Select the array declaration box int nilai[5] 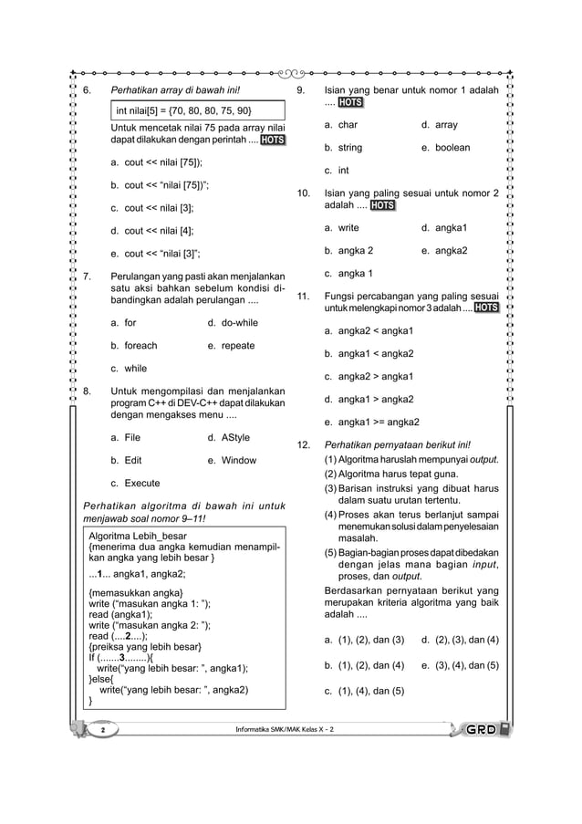[182, 112]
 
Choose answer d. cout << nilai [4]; [152, 231]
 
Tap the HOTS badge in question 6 [272, 141]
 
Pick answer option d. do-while [233, 323]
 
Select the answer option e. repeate [231, 346]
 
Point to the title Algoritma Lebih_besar [137, 536]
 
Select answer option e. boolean [445, 148]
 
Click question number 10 [305, 193]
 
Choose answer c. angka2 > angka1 [369, 376]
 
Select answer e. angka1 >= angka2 [371, 422]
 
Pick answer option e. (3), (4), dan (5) [460, 665]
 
